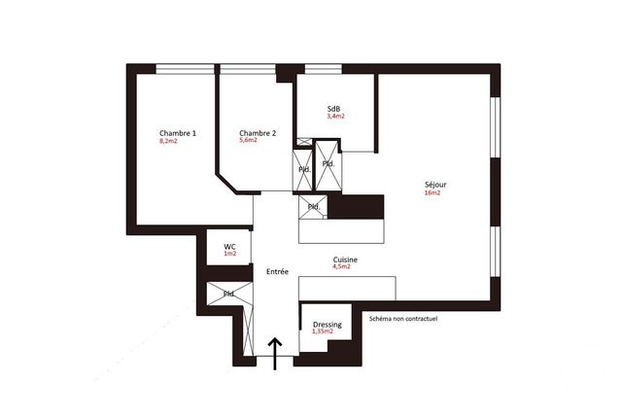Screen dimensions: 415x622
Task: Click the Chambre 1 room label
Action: (x=178, y=133)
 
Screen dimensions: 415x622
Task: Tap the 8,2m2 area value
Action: (x=168, y=142)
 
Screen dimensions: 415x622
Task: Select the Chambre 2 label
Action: (x=258, y=133)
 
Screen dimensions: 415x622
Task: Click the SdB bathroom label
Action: (x=333, y=108)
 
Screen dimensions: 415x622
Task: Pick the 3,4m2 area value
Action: (x=335, y=117)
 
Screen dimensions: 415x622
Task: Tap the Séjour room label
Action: (x=435, y=185)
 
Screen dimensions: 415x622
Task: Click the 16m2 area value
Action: (x=432, y=193)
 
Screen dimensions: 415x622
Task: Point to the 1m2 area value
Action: (x=229, y=255)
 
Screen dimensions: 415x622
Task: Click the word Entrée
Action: (x=277, y=272)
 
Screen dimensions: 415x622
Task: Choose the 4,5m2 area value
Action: (x=342, y=267)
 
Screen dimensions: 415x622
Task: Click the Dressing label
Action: (x=327, y=325)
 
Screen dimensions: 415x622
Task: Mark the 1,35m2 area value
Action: (x=322, y=332)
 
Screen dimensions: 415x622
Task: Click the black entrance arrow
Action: (x=275, y=355)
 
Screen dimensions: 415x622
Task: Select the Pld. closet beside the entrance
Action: (x=230, y=294)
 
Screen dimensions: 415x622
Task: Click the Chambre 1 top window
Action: (x=185, y=68)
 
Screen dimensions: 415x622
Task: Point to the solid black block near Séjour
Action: (x=363, y=207)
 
